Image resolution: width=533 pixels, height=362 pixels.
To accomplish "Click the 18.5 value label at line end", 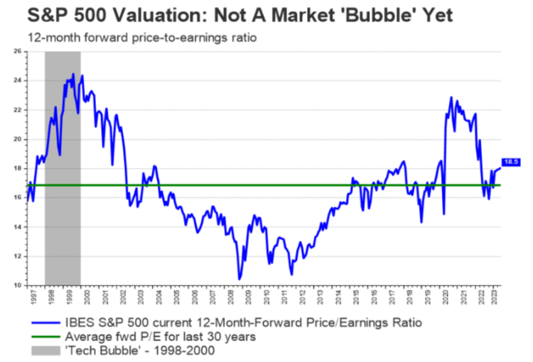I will [510, 162].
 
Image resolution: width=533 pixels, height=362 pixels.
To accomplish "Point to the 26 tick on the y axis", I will [17, 51].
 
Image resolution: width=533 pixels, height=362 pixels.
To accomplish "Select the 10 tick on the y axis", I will [17, 285].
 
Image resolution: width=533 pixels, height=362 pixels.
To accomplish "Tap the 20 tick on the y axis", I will [17, 139].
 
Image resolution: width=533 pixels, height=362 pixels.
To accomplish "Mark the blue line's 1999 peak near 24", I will [73, 74].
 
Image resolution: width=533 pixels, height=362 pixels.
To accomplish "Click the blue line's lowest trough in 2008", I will [239, 279].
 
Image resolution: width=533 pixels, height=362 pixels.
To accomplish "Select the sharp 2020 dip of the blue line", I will [443, 214].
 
